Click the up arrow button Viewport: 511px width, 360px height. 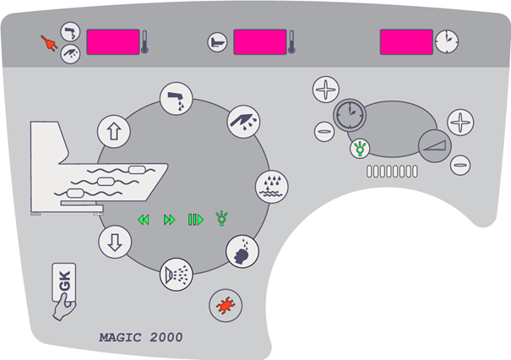[x=111, y=130]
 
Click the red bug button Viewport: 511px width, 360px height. [x=224, y=304]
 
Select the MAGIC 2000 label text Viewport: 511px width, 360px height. [x=140, y=336]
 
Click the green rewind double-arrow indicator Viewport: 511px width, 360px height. [x=144, y=220]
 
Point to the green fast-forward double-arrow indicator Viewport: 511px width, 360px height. [x=169, y=220]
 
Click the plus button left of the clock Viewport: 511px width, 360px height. [x=325, y=89]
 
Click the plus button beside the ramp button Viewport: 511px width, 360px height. [x=460, y=122]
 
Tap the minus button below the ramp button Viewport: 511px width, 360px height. [x=460, y=165]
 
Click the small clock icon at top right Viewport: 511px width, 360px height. [x=447, y=40]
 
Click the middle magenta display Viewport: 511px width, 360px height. [x=259, y=41]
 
